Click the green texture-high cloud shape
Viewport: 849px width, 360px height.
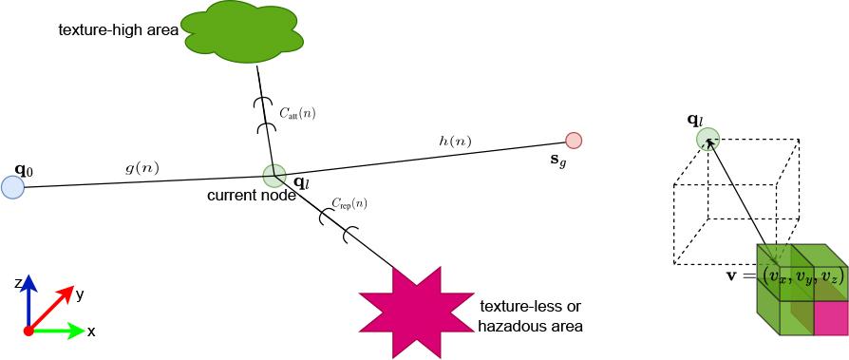[242, 32]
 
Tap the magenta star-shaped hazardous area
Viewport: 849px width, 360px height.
[416, 313]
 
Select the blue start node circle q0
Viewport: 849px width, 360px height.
[12, 187]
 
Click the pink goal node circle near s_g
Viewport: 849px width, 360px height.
[574, 141]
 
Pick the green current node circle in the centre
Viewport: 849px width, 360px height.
[274, 176]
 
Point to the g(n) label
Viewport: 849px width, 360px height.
[141, 168]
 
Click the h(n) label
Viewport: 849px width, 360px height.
[455, 142]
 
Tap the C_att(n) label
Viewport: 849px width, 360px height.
[297, 113]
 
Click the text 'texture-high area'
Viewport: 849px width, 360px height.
[119, 30]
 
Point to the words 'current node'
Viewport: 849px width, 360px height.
[252, 196]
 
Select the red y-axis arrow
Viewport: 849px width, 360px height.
[50, 308]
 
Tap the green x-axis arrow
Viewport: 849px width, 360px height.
[56, 331]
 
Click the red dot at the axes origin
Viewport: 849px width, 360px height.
[28, 331]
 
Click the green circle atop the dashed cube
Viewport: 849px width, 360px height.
[707, 139]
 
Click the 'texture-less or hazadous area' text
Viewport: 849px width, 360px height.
[531, 316]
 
